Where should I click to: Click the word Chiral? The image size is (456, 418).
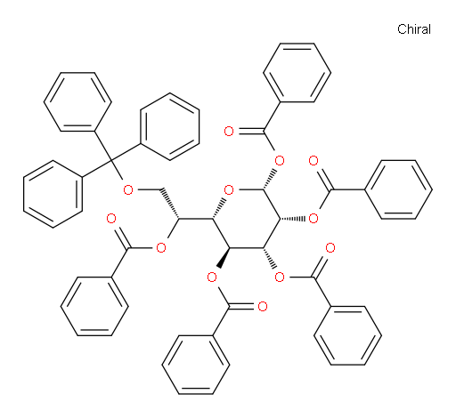point(414,29)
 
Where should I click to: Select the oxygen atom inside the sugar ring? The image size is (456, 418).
point(229,189)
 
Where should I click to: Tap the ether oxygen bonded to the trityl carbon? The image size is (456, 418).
point(128,189)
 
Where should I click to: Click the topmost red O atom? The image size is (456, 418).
point(229,131)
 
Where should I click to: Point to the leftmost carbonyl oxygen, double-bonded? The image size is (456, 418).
point(111,219)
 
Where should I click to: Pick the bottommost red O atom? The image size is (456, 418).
point(263,307)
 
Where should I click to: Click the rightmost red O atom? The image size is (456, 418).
point(330,248)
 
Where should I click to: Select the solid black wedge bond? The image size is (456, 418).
point(223,257)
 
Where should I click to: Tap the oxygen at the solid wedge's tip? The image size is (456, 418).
point(212,277)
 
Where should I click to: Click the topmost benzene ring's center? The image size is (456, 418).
point(297,73)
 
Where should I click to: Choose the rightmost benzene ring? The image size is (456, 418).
point(398,189)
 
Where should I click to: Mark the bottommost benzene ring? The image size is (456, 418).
point(196,365)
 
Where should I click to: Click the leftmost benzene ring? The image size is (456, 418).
point(53,194)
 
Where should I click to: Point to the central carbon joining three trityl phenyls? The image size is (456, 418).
point(111,161)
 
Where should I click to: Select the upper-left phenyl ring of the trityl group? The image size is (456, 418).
point(77,101)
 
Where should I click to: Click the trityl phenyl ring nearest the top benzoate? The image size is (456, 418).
point(170,127)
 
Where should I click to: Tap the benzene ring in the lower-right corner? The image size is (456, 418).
point(347,335)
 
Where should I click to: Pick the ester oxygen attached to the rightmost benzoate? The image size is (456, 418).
point(313,219)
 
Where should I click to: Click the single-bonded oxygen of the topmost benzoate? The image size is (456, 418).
point(280,161)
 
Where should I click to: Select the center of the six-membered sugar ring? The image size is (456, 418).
point(246,219)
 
